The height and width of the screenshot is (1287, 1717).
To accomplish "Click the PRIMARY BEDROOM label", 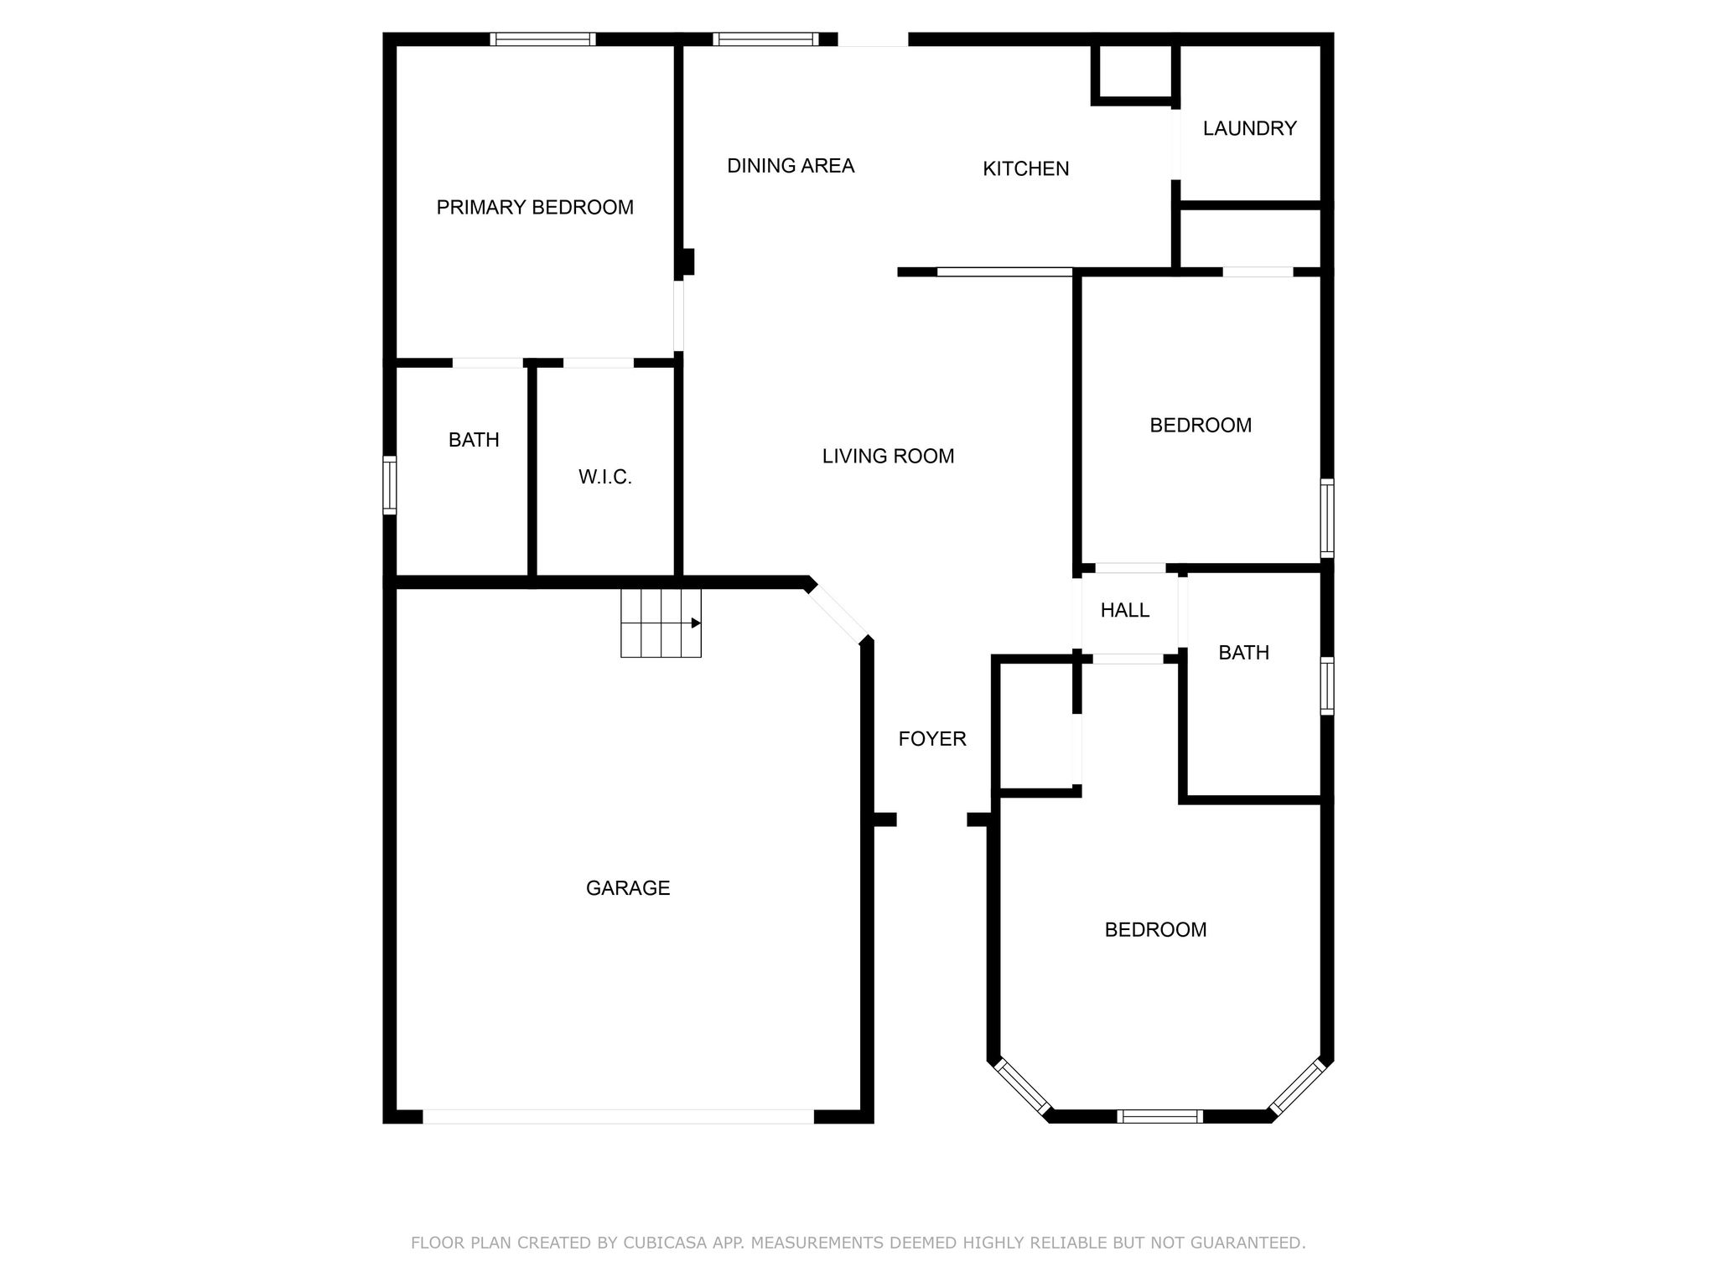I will pyautogui.click(x=535, y=207).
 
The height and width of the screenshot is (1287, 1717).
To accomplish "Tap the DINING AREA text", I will pyautogui.click(x=791, y=166).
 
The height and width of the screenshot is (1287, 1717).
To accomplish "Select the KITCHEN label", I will pyautogui.click(x=1025, y=168).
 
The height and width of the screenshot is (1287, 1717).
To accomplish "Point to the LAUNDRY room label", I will pyautogui.click(x=1249, y=128).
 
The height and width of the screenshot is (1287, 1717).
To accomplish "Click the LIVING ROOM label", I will pyautogui.click(x=888, y=456).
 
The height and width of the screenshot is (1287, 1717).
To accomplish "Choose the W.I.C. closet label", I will pyautogui.click(x=604, y=477).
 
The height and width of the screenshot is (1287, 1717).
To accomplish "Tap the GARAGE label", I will pyautogui.click(x=628, y=888).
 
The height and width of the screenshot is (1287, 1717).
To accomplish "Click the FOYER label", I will pyautogui.click(x=932, y=738).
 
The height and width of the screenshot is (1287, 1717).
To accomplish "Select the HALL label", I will pyautogui.click(x=1124, y=610).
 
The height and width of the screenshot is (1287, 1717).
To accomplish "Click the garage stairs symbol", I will pyautogui.click(x=661, y=623).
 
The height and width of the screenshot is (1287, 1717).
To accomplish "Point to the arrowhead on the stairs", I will pyautogui.click(x=695, y=623).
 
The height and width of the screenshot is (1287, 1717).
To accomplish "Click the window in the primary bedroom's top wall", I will pyautogui.click(x=542, y=39).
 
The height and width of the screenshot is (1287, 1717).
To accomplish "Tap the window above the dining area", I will pyautogui.click(x=765, y=39).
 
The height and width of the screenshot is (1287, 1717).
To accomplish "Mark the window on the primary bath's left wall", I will pyautogui.click(x=389, y=484).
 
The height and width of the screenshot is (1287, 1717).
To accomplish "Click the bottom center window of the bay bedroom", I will pyautogui.click(x=1159, y=1115).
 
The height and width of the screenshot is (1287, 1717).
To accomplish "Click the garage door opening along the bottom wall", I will pyautogui.click(x=618, y=1116).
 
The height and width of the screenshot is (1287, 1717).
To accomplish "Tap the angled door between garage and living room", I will pyautogui.click(x=837, y=613).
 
